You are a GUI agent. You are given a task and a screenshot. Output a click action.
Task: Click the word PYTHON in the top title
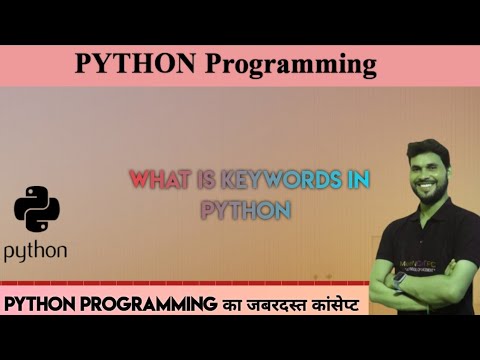point(136,65)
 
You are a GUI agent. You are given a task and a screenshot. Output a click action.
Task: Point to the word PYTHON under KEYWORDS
point(245,210)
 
